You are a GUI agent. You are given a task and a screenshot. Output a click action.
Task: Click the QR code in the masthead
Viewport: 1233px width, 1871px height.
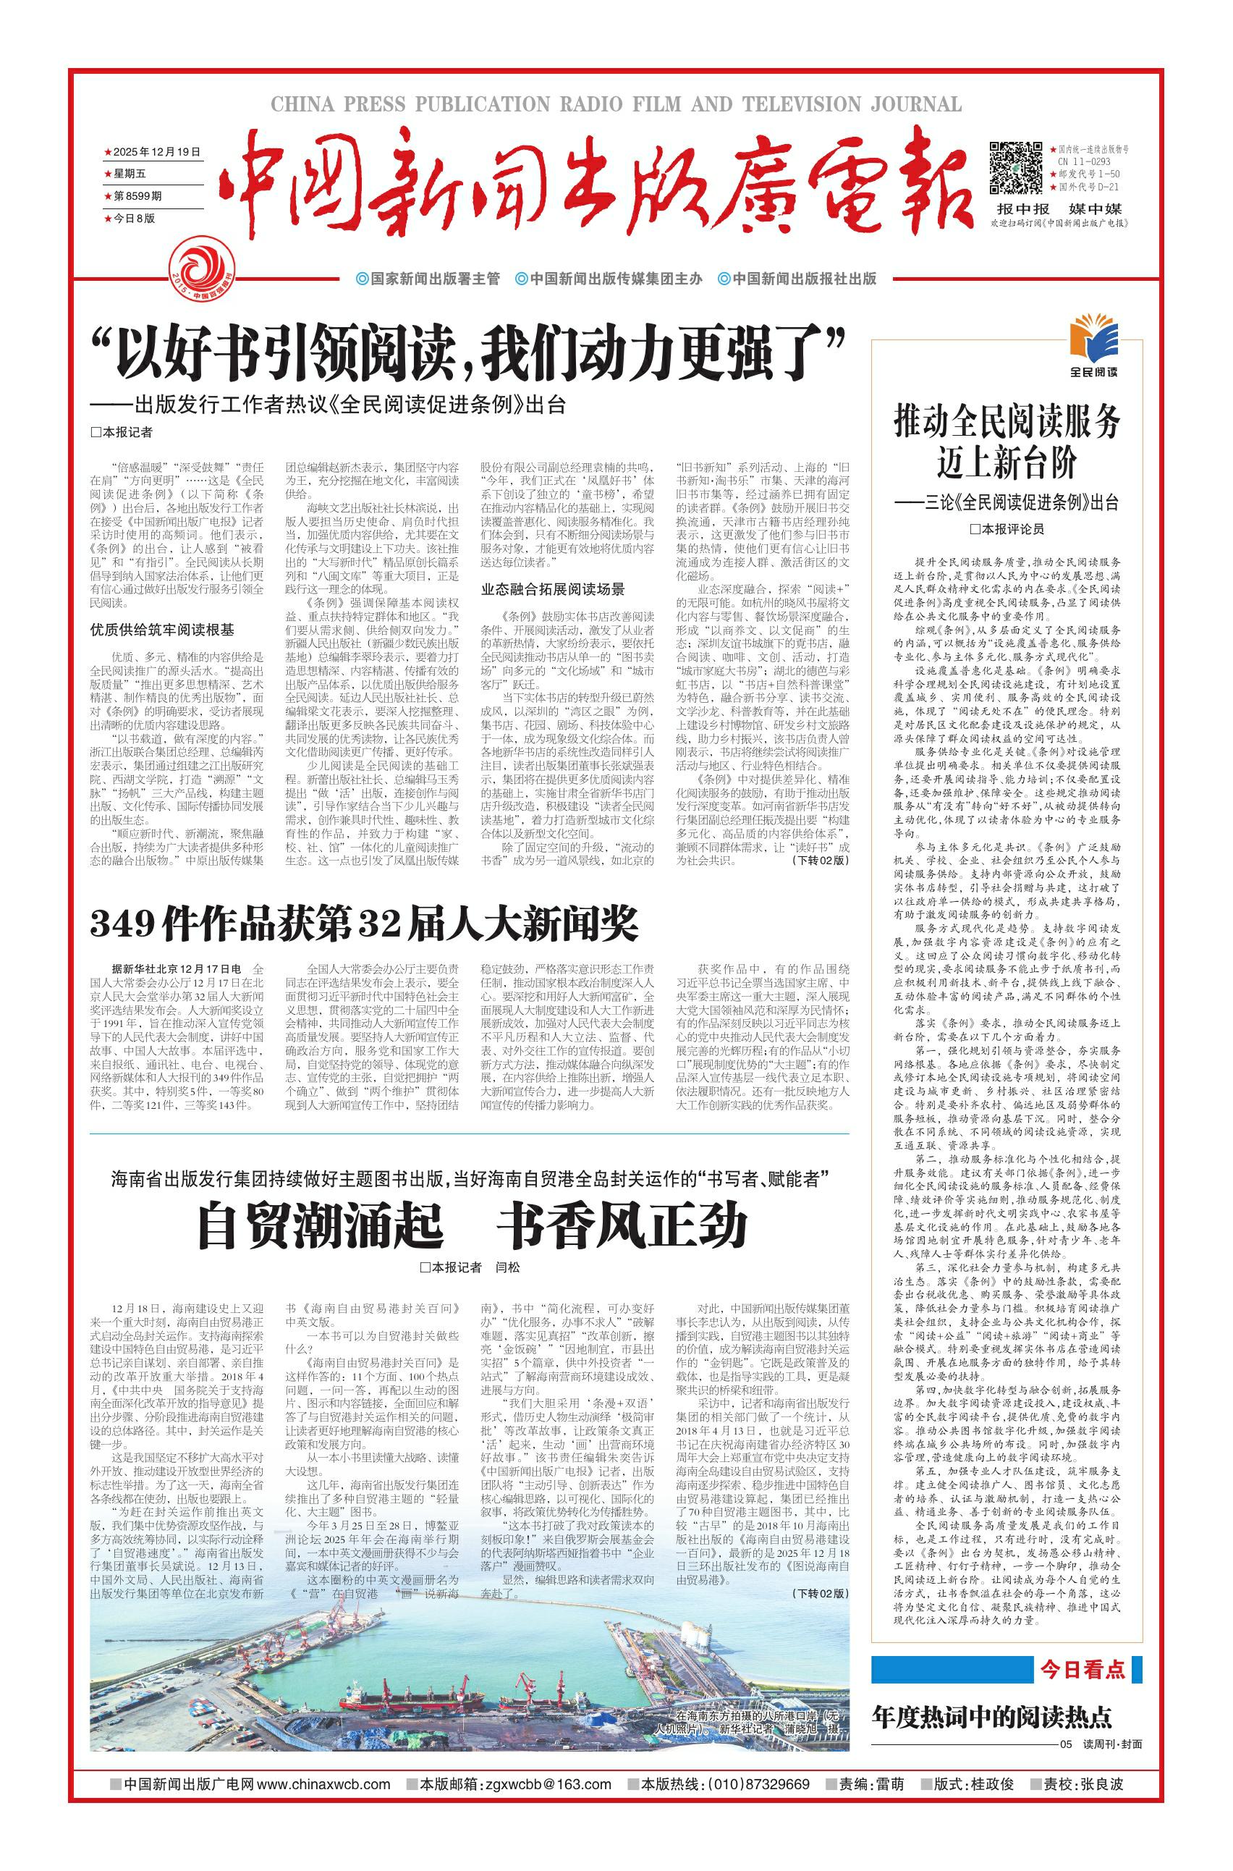[x=1014, y=166]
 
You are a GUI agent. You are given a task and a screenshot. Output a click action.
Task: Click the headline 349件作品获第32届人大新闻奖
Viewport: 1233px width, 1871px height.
[x=364, y=925]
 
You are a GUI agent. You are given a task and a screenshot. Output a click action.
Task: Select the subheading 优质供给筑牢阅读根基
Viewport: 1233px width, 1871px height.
[x=162, y=630]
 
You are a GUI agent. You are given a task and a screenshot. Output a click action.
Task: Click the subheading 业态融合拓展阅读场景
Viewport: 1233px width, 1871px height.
[x=553, y=588]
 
